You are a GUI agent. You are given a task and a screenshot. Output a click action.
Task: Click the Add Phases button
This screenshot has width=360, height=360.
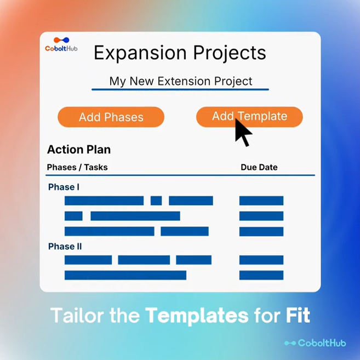[111, 117]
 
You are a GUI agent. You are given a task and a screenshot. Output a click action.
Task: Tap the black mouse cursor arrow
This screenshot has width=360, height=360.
[243, 133]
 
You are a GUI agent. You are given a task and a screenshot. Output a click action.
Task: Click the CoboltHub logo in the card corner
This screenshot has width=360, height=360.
[61, 44]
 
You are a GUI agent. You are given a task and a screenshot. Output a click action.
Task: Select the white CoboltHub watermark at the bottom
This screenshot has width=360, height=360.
[315, 343]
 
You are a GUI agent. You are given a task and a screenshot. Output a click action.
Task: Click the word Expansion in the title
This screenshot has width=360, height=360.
[140, 53]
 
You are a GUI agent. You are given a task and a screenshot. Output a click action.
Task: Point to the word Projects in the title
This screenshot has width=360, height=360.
[230, 53]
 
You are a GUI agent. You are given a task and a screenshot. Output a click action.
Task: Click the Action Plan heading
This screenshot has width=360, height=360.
[79, 150]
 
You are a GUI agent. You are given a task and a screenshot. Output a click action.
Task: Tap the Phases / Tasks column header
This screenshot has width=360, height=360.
[77, 167]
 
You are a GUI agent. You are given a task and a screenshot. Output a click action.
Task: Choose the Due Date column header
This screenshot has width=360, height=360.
[259, 167]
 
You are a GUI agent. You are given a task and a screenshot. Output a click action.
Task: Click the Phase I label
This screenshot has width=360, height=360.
[64, 187]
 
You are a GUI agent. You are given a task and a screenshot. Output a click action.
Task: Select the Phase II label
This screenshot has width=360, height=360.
[65, 247]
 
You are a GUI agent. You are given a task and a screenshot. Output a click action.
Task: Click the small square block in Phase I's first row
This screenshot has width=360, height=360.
[156, 201]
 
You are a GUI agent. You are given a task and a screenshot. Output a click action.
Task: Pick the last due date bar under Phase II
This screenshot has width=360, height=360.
[261, 275]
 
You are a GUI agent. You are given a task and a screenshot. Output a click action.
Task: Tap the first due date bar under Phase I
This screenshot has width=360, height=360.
[261, 201]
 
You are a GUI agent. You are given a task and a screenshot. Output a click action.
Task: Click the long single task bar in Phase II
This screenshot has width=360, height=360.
[125, 275]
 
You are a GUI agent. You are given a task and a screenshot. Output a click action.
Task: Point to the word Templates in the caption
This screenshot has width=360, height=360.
[197, 316]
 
